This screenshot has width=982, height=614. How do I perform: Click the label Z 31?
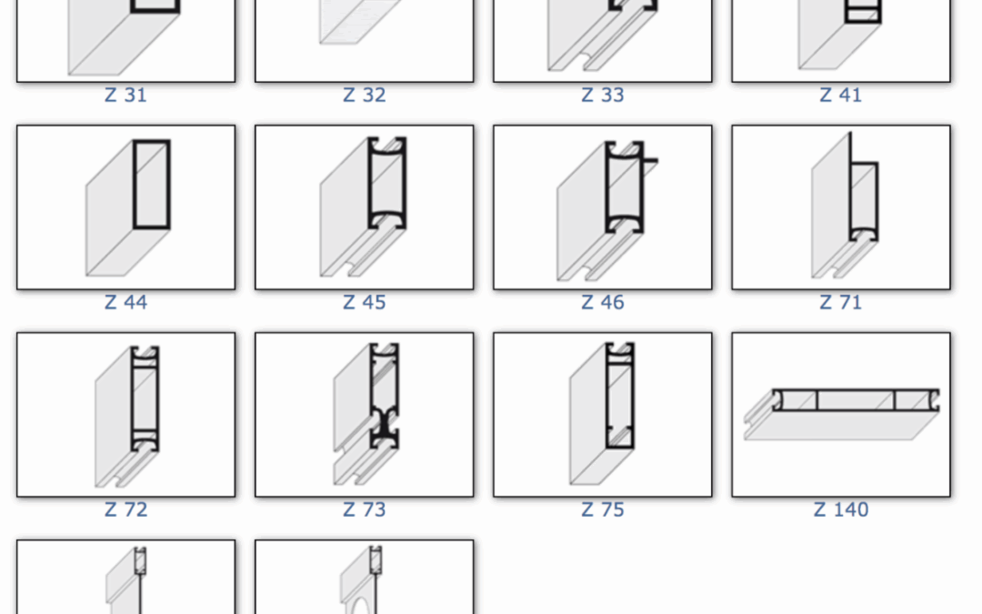125,96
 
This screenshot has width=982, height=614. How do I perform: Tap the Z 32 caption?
364,96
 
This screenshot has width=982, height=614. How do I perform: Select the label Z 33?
603,96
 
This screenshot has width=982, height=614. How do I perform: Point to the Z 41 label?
840,96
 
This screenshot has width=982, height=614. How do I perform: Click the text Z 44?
125,303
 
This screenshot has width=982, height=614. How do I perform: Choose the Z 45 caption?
364,303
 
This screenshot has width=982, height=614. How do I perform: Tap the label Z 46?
603,303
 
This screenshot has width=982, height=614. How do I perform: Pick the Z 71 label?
840,303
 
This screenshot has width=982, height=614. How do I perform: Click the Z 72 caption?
125,509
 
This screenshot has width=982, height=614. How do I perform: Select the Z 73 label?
364,509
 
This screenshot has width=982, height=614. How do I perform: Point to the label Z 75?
603,509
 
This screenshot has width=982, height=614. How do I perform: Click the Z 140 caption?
840,509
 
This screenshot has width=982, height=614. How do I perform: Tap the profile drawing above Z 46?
606,210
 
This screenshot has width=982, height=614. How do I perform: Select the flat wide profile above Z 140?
841,414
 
